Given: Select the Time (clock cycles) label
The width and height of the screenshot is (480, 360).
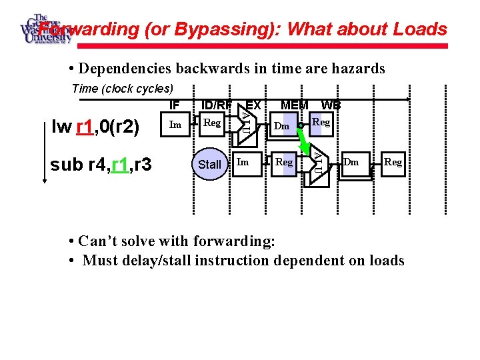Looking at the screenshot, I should click(122, 89).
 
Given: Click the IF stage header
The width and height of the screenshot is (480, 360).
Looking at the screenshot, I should click(175, 105).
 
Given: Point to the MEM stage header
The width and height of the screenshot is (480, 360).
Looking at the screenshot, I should click(294, 105).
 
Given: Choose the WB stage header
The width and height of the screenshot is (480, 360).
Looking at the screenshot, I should click(331, 105).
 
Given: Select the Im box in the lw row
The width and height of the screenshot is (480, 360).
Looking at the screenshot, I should click(175, 125).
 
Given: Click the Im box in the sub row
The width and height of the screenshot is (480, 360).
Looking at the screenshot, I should click(243, 162).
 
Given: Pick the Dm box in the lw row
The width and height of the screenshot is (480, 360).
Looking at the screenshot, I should click(282, 126).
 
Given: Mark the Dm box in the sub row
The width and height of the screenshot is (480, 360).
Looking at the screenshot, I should click(352, 162).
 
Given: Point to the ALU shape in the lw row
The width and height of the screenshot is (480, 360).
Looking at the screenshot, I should click(245, 124).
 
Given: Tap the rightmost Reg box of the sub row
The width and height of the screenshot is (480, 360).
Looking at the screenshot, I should click(393, 162).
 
